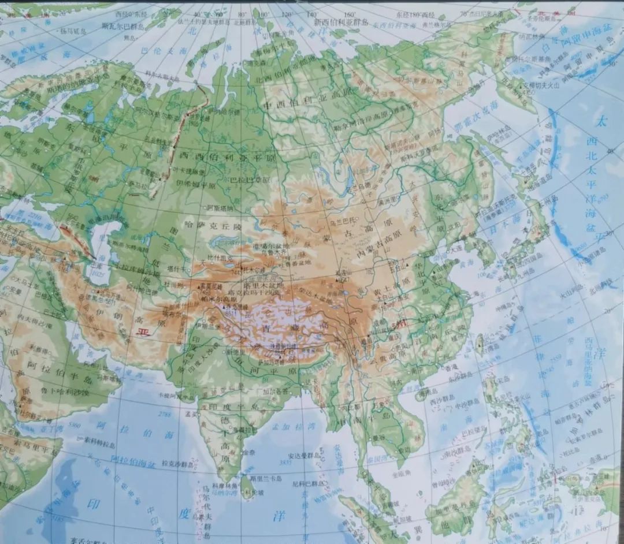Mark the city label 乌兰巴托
coord(338,220)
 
